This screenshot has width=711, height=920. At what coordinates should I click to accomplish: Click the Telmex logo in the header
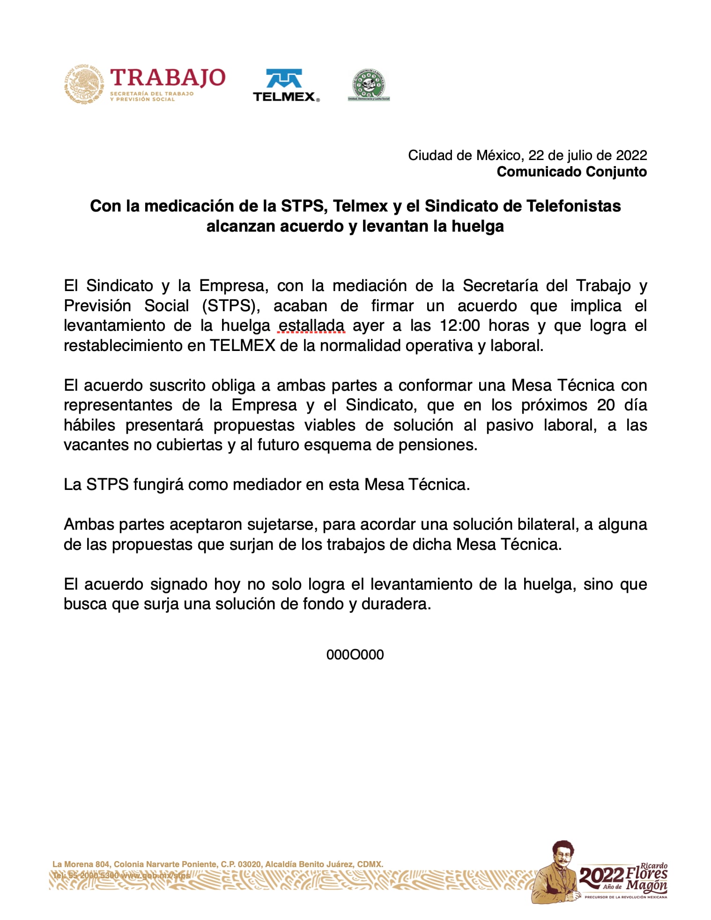pyautogui.click(x=286, y=86)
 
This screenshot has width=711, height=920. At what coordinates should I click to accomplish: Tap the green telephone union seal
pyautogui.click(x=369, y=85)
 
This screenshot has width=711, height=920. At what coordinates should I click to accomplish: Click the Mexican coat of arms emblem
pyautogui.click(x=84, y=84)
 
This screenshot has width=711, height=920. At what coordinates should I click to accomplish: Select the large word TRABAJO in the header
pyautogui.click(x=167, y=78)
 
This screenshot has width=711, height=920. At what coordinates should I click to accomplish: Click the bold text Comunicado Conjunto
pyautogui.click(x=571, y=172)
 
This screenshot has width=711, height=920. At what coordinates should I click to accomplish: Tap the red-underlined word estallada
pyautogui.click(x=311, y=325)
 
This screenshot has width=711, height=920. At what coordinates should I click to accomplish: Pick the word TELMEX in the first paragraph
pyautogui.click(x=243, y=345)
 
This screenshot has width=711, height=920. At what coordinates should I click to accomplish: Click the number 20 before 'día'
pyautogui.click(x=606, y=405)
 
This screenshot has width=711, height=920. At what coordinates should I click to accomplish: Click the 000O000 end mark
pyautogui.click(x=355, y=655)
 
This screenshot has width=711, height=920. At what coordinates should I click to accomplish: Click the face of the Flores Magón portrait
pyautogui.click(x=563, y=855)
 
